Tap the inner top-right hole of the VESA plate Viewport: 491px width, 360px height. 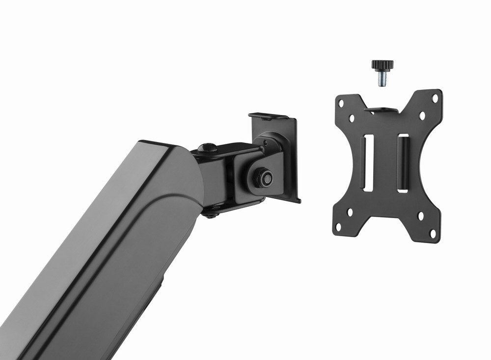pos(421,116)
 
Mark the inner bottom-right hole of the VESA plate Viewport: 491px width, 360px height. pos(421,215)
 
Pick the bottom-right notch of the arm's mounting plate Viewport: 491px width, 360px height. pos(298,199)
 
